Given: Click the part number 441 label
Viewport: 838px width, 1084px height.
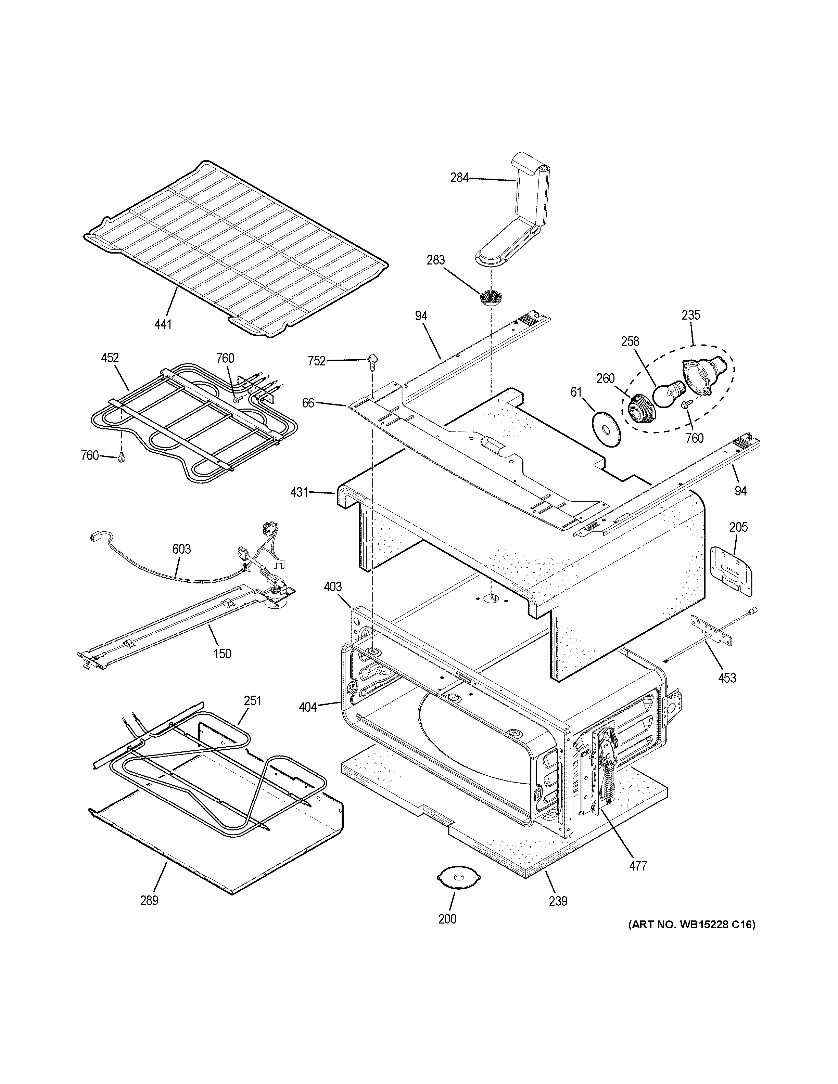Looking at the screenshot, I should (163, 324).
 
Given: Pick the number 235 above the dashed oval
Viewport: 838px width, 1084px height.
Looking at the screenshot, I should (690, 315).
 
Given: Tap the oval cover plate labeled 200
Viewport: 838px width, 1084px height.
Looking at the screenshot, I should (459, 878).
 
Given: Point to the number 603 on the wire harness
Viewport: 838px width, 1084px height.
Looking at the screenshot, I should (182, 549).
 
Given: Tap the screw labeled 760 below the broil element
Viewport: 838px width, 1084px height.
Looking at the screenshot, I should (120, 459).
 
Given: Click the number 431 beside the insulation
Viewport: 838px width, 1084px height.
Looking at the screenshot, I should (299, 492).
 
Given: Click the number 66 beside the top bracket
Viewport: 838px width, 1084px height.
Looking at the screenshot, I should (308, 403).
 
